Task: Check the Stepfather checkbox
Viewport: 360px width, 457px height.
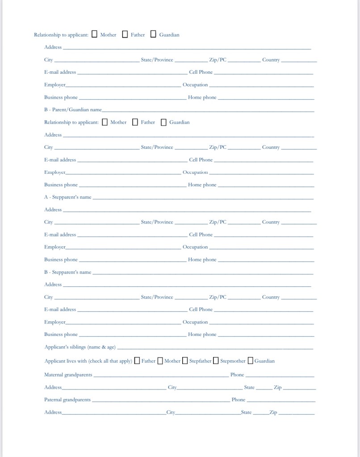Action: pyautogui.click(x=184, y=361)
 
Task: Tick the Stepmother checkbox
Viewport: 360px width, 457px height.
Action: pyautogui.click(x=216, y=361)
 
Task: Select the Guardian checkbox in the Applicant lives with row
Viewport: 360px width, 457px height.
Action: pyautogui.click(x=250, y=361)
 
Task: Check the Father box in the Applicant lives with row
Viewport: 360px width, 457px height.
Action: pyautogui.click(x=137, y=361)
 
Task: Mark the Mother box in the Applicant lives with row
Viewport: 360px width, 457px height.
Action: pyautogui.click(x=160, y=361)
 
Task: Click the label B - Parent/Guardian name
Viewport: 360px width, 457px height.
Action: pyautogui.click(x=73, y=109)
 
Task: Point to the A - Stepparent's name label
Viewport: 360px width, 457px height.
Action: pyautogui.click(x=67, y=197)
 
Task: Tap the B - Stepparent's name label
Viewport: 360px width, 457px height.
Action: pyautogui.click(x=67, y=272)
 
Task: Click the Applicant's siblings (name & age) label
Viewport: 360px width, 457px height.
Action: pyautogui.click(x=80, y=347)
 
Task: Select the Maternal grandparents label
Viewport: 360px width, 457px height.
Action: pyautogui.click(x=68, y=375)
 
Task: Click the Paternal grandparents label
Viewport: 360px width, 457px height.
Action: pyautogui.click(x=67, y=400)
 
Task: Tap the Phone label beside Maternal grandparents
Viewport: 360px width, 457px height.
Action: pyautogui.click(x=237, y=375)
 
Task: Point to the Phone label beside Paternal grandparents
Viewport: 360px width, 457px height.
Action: pyautogui.click(x=239, y=400)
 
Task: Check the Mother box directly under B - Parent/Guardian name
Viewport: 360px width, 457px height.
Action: pyautogui.click(x=105, y=122)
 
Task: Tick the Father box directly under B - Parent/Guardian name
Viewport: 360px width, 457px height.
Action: pyautogui.click(x=135, y=122)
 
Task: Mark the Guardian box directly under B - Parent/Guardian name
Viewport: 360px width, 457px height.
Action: pyautogui.click(x=163, y=122)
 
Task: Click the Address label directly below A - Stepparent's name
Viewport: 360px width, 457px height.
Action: pyautogui.click(x=53, y=210)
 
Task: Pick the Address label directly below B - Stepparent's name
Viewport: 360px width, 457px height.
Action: pyautogui.click(x=53, y=285)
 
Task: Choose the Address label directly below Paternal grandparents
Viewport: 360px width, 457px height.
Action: pyautogui.click(x=53, y=412)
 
